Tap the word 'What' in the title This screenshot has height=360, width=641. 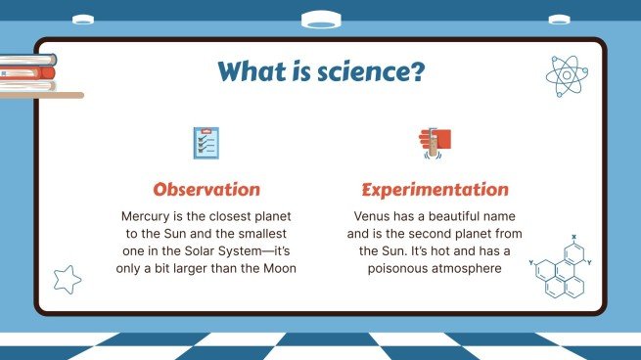253,71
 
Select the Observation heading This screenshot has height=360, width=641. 206,189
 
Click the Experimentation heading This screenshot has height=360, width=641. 435,189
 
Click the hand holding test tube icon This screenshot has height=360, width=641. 434,143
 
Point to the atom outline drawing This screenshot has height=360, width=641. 565,74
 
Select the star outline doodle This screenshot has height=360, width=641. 66,280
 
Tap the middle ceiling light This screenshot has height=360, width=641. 320,19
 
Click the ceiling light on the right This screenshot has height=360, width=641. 559,19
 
